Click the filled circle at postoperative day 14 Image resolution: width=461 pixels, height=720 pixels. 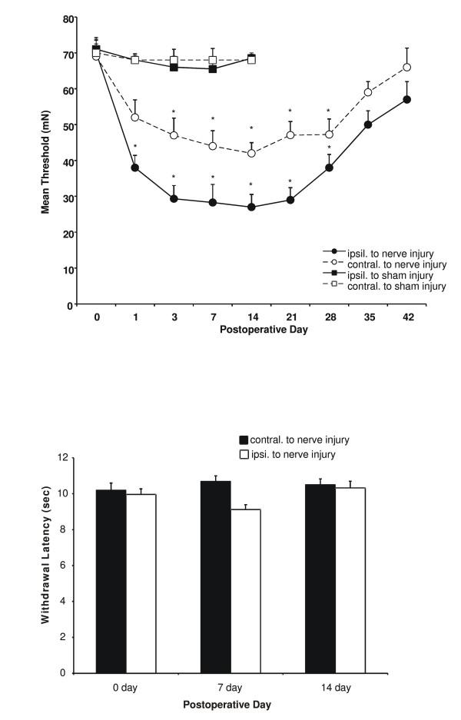[251, 207]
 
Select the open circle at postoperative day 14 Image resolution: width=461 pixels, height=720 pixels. [251, 154]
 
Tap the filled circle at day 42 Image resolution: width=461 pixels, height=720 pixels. [406, 99]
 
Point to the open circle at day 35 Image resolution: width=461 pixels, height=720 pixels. [368, 92]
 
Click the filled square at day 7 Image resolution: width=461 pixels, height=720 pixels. [213, 69]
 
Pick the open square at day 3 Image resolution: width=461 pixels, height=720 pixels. [174, 60]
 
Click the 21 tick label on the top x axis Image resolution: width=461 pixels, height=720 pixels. [290, 317]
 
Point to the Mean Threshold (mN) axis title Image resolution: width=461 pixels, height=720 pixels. [46, 161]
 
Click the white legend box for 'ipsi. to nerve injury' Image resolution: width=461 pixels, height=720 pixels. [244, 454]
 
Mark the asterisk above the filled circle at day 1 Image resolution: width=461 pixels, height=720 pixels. [135, 147]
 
